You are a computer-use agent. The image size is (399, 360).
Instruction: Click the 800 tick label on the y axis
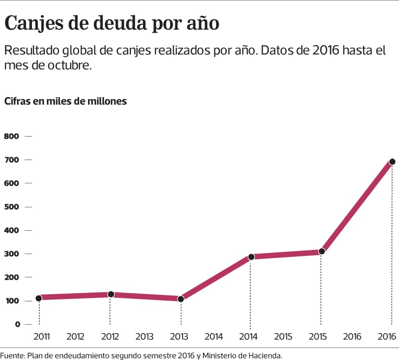(11, 136)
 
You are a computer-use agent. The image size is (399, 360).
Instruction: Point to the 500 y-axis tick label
(11, 207)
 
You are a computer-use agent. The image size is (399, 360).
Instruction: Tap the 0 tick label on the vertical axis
(7, 324)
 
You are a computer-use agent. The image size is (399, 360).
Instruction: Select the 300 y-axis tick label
(11, 254)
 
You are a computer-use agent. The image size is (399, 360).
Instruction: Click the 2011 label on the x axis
(42, 336)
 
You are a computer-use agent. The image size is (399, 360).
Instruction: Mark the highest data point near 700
(392, 162)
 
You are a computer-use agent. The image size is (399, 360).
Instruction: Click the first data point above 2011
(39, 298)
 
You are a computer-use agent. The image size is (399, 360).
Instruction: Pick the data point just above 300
(321, 251)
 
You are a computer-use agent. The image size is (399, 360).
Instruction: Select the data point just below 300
(251, 257)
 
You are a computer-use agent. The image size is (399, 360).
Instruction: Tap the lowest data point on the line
(180, 299)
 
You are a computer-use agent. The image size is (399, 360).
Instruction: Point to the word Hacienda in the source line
(265, 355)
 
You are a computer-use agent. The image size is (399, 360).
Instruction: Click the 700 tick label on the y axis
(11, 160)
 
